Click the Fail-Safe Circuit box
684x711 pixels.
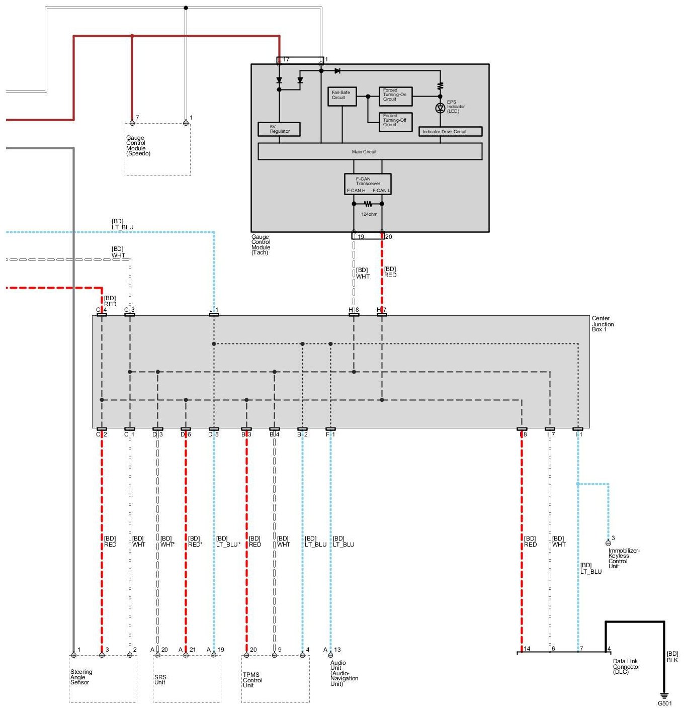pyautogui.click(x=341, y=97)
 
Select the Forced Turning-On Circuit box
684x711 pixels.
pyautogui.click(x=395, y=96)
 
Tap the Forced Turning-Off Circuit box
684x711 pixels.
pyautogui.click(x=395, y=122)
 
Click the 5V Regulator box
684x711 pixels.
pyautogui.click(x=279, y=129)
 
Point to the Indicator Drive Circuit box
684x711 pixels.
pyautogui.click(x=450, y=132)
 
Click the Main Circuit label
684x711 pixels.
pyautogui.click(x=364, y=152)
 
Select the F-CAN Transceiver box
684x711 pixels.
pyautogui.click(x=368, y=184)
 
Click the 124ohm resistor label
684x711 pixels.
pyautogui.click(x=369, y=214)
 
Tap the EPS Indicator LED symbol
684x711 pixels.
pyautogui.click(x=440, y=108)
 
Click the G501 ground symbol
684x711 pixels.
pyautogui.click(x=664, y=695)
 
